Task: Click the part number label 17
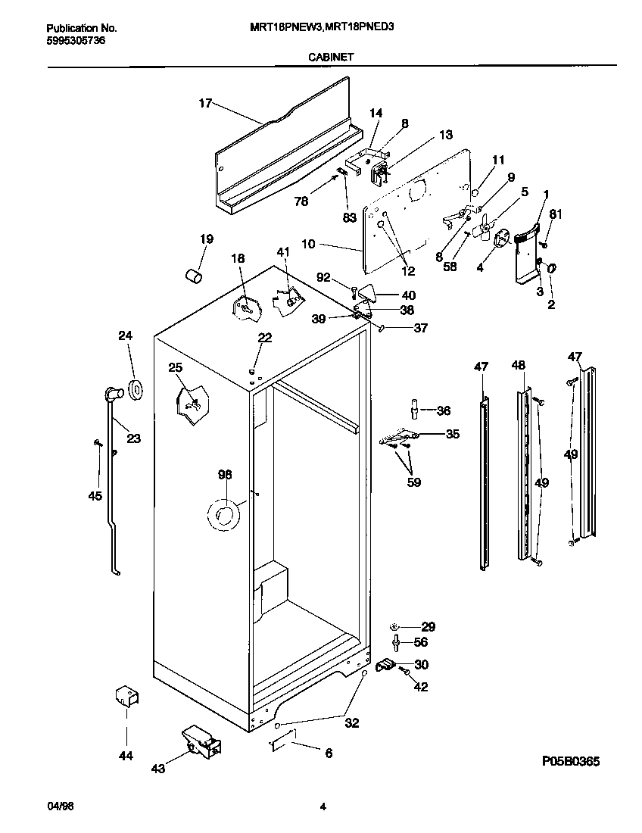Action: [x=205, y=104]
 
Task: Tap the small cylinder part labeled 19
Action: [x=194, y=274]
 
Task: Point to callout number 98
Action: [x=224, y=475]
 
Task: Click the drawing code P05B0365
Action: [x=571, y=761]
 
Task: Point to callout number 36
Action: [x=443, y=410]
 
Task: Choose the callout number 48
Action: [x=518, y=366]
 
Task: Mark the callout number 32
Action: [x=351, y=722]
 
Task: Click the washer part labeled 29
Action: [x=395, y=627]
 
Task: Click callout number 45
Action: [x=94, y=496]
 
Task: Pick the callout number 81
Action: [x=556, y=214]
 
